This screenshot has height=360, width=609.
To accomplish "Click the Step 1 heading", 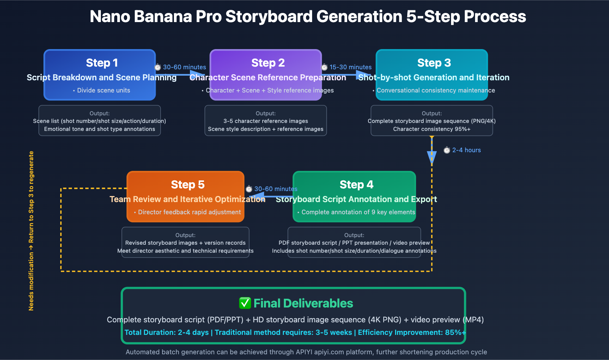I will [102, 63].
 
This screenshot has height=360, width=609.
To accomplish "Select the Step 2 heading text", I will [268, 63].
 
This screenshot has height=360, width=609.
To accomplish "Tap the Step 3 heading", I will [434, 63].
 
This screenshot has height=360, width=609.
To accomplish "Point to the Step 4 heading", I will [356, 185].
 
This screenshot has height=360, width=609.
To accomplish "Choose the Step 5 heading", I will [188, 185].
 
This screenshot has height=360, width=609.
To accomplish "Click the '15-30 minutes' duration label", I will [350, 67].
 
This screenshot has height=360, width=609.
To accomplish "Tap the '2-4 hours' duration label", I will [466, 150].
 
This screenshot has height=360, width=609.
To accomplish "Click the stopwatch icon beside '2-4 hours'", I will [447, 150].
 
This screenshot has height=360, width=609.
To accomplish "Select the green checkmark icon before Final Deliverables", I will [245, 303].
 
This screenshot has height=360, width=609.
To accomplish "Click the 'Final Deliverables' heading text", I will [303, 303].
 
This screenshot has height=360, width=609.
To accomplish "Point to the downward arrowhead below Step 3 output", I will [432, 157].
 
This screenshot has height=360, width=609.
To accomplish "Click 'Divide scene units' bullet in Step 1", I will [104, 91].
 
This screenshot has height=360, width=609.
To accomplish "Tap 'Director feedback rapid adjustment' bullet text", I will [189, 212].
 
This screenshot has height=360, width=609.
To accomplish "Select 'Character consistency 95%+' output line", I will [432, 129].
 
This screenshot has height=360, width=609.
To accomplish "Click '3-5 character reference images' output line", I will [266, 121].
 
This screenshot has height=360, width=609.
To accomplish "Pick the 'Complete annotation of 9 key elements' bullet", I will [358, 212].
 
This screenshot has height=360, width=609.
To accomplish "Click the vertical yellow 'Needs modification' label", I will [31, 231].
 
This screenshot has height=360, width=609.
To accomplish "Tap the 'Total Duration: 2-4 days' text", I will [166, 333].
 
